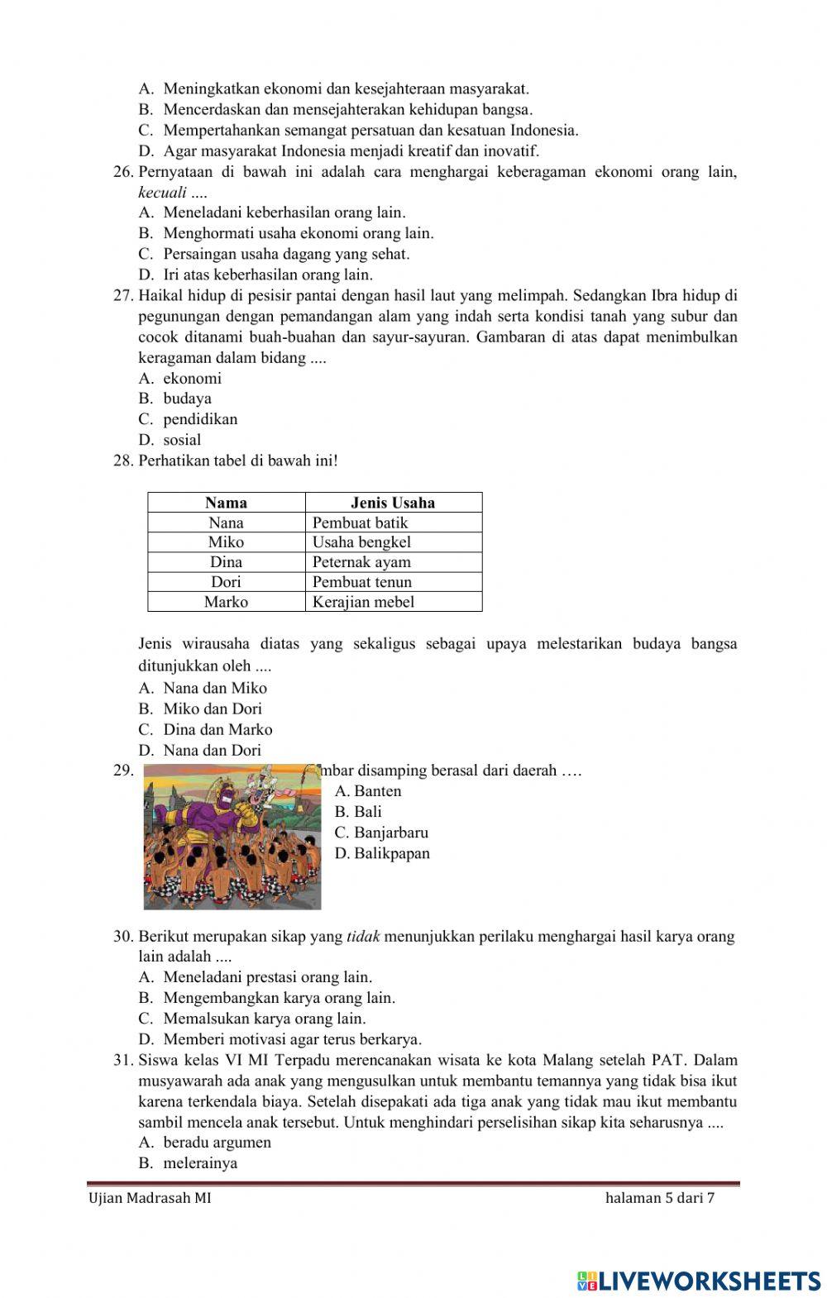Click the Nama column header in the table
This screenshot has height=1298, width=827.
[x=226, y=503]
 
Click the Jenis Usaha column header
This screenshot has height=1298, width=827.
[x=393, y=503]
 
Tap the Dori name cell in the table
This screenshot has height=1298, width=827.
[x=226, y=582]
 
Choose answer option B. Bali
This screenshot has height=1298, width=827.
[x=358, y=812]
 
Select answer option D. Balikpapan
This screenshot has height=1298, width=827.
[x=382, y=853]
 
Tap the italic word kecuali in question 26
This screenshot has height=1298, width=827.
[x=162, y=193]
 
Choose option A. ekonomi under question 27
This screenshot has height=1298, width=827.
[x=180, y=379]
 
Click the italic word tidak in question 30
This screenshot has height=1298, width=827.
[x=362, y=937]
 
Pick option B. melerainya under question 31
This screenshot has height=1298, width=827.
[x=189, y=1163]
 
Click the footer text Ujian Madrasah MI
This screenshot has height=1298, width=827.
[x=149, y=1198]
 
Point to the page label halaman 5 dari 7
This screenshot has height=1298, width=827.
[x=659, y=1198]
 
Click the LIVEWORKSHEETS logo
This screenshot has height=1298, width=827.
[x=699, y=1281]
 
